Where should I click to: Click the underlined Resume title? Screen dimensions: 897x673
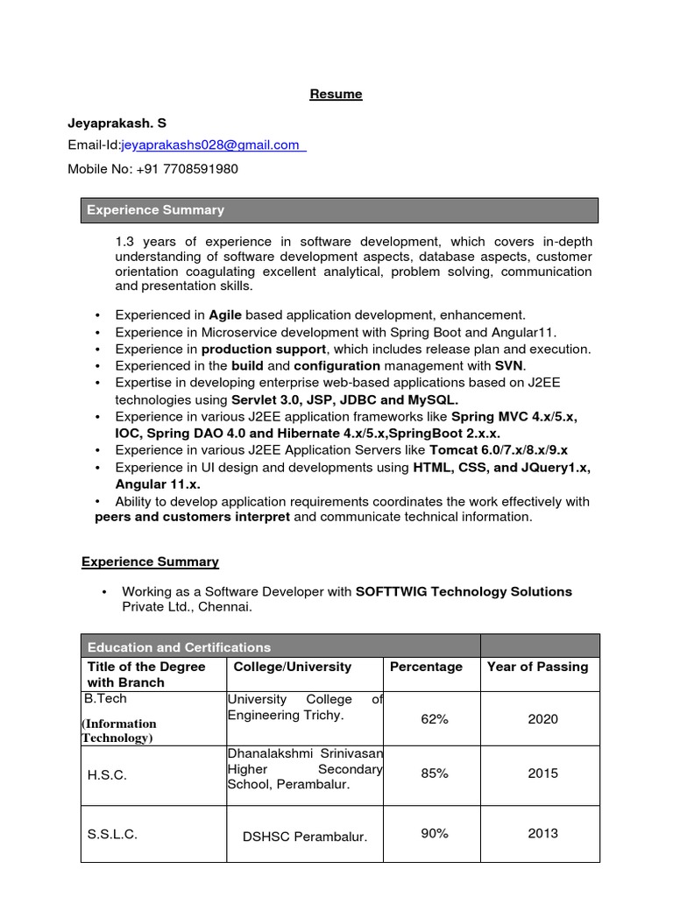pos(336,94)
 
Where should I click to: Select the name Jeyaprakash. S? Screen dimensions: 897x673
pos(117,124)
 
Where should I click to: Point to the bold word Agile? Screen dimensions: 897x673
pos(225,314)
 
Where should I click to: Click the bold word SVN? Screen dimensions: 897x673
pos(509,365)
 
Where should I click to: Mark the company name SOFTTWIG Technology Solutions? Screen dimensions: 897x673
pos(464,591)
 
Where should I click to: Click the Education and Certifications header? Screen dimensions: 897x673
pos(180,647)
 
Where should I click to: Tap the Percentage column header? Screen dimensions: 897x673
pos(426,667)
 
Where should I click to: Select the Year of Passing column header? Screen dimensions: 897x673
pos(537,667)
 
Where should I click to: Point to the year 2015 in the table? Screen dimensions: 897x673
pos(542,773)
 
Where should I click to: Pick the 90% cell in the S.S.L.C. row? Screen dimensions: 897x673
pos(434,833)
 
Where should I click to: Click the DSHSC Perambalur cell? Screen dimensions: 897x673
pos(305,836)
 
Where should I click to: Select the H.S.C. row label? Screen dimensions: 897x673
pos(107,775)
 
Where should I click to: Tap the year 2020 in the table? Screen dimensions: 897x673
pos(542,719)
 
